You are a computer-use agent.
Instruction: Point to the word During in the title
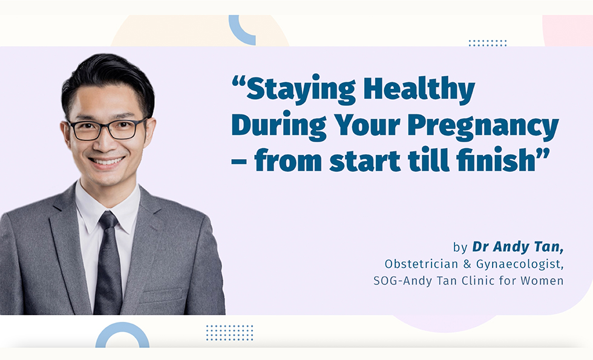tap(279, 126)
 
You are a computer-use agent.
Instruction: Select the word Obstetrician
tap(421, 264)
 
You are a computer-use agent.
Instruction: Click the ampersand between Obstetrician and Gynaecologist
tap(467, 264)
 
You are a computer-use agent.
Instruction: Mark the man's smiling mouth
tap(106, 162)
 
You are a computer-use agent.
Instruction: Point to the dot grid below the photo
tap(229, 333)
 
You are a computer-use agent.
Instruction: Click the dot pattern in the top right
tap(488, 43)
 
